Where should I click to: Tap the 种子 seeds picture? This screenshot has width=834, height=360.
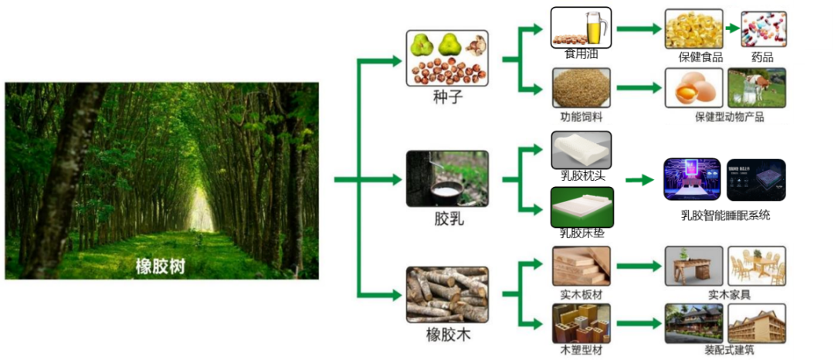pyautogui.click(x=447, y=58)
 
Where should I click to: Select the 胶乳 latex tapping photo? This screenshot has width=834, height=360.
pyautogui.click(x=447, y=178)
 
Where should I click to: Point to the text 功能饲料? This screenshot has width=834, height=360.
pyautogui.click(x=581, y=117)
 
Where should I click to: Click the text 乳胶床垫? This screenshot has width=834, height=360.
pyautogui.click(x=581, y=232)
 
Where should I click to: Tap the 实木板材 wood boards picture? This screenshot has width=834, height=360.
pyautogui.click(x=581, y=267)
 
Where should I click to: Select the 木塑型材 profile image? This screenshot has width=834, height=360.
pyautogui.click(x=581, y=324)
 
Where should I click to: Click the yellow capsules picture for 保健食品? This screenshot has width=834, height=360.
pyautogui.click(x=694, y=29)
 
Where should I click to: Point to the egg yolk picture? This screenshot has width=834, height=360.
pyautogui.click(x=694, y=87)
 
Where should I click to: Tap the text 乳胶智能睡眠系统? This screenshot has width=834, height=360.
pyautogui.click(x=725, y=216)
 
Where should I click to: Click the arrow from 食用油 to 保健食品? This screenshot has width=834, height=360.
pyautogui.click(x=639, y=29)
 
